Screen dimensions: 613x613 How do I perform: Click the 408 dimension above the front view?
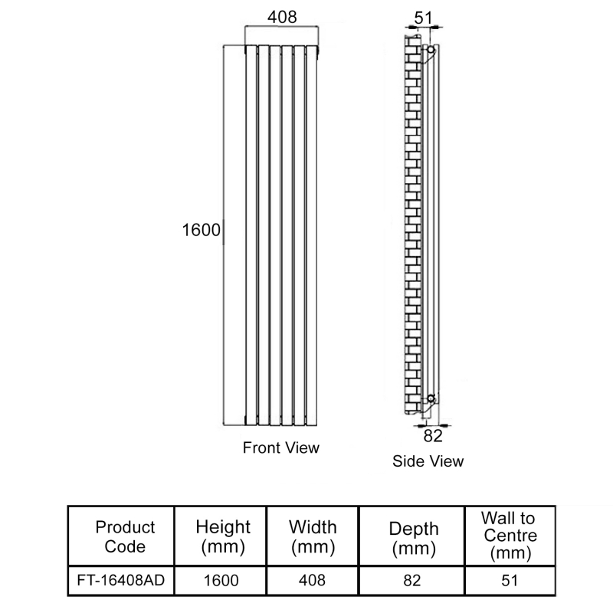tap(282, 17)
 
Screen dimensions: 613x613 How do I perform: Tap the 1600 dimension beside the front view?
tap(202, 230)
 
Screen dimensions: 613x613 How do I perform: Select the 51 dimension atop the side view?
tap(424, 18)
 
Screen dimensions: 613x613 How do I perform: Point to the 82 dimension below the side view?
tap(433, 436)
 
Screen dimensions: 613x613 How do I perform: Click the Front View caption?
tap(281, 447)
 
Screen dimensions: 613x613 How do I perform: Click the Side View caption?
tap(428, 461)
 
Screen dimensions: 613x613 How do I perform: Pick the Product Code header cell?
tap(125, 536)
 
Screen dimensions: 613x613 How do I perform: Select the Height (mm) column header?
tap(223, 536)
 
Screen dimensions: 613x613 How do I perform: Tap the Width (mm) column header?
tap(313, 536)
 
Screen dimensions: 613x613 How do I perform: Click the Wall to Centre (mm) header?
tap(510, 536)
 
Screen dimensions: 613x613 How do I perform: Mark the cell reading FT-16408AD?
tap(121, 580)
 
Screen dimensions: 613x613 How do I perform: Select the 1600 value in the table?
tap(221, 581)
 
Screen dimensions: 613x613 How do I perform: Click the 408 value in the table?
tap(312, 581)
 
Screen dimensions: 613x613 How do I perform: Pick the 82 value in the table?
tap(412, 581)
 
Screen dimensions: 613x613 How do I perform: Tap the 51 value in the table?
tap(510, 581)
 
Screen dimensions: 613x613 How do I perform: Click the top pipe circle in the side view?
tap(431, 50)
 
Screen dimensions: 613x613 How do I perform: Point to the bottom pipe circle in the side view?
tap(431, 398)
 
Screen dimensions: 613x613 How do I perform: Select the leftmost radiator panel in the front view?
tap(251, 235)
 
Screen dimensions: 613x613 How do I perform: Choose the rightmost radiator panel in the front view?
tap(312, 235)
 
